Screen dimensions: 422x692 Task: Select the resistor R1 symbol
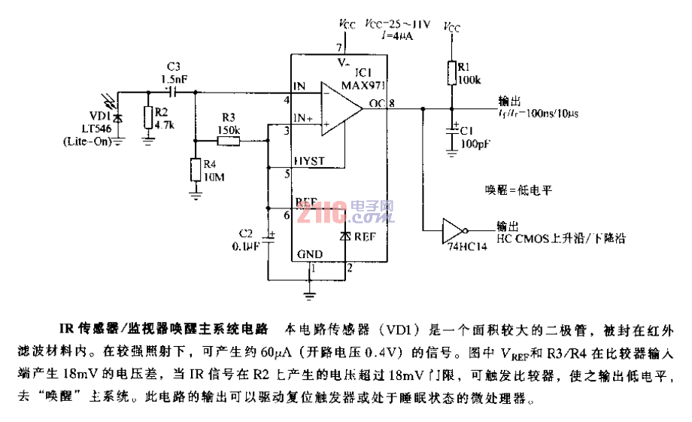pos(453,74)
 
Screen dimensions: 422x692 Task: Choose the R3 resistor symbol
pos(227,141)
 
